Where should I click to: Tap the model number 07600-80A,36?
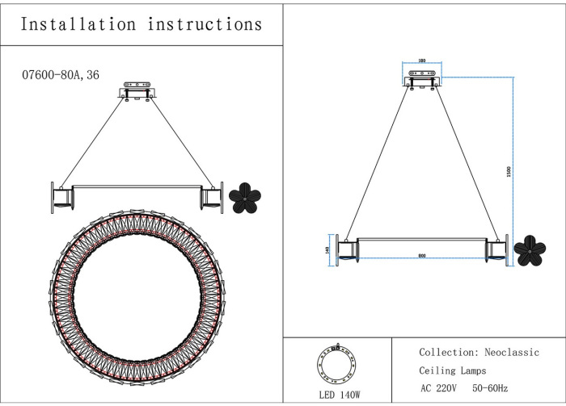coord(61,74)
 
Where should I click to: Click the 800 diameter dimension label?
coord(422,256)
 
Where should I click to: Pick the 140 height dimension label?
coord(327,249)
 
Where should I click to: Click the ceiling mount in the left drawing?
coord(137,90)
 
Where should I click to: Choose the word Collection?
coord(448,353)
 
